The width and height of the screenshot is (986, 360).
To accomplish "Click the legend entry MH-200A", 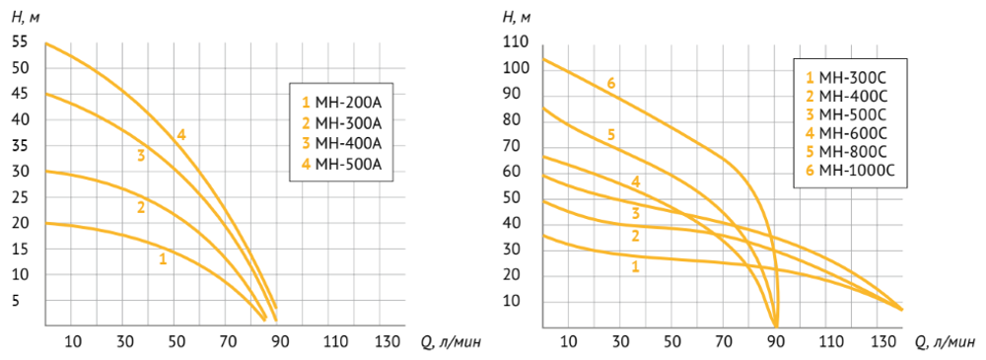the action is (x=340, y=103).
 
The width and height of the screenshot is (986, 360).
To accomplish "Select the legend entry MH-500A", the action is (x=340, y=165).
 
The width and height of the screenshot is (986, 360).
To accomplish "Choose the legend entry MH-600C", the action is (x=846, y=133).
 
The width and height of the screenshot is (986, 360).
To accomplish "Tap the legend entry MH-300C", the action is (x=846, y=79).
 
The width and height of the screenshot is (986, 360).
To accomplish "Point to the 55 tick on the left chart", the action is (x=20, y=42).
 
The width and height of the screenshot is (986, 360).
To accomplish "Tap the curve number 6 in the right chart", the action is (x=610, y=83).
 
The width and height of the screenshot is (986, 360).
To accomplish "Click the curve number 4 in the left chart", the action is (x=181, y=134).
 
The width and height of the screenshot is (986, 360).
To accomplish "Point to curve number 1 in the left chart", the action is (x=163, y=258).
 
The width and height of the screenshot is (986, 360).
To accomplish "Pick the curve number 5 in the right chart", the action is (x=610, y=134).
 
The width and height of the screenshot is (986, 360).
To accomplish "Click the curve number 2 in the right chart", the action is (x=636, y=237).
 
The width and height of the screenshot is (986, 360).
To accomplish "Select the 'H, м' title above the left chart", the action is (x=26, y=17).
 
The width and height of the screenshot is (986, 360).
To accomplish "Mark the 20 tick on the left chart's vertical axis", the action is (x=20, y=224).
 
